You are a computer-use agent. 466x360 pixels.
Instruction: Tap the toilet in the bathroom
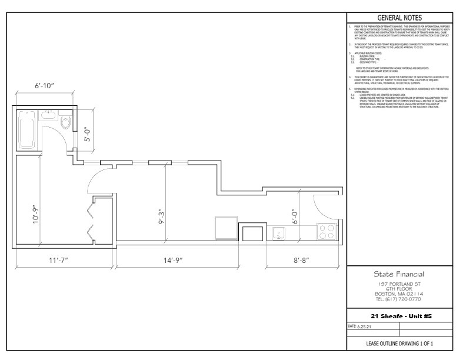pos(66,122)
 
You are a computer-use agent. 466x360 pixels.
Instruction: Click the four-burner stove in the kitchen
pos(326,232)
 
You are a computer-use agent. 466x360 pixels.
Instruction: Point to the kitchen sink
pos(278,234)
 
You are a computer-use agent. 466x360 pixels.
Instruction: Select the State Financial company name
pos(400,274)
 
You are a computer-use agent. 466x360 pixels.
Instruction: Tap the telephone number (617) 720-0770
pos(400,299)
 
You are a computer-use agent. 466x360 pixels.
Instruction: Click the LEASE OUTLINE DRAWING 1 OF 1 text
pos(400,344)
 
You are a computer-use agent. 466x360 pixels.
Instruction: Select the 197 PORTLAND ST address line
pos(400,284)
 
